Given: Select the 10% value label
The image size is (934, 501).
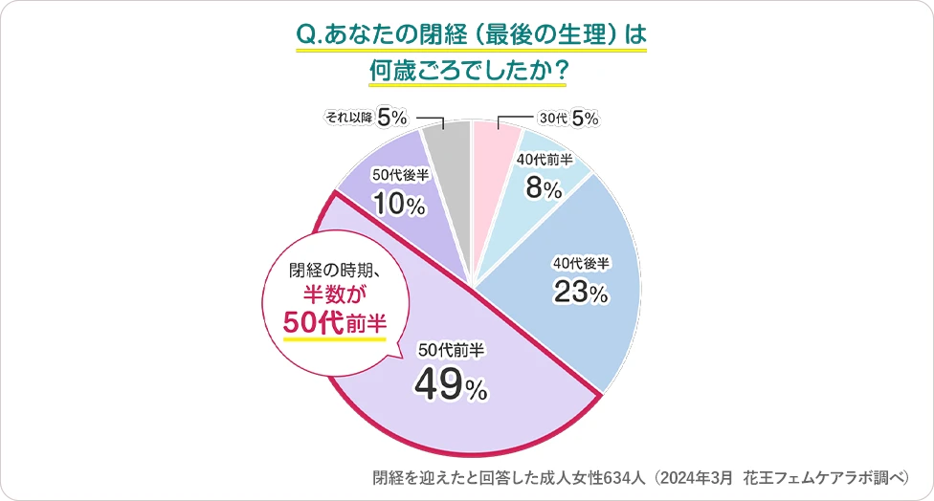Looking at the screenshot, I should pos(399,204).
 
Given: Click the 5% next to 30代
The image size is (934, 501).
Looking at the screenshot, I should pos(585,119).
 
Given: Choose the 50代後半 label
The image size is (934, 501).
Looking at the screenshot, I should pos(400,175).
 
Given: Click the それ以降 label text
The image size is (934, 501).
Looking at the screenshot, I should pos(347,119).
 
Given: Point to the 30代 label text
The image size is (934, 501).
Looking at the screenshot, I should pos(553,120).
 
